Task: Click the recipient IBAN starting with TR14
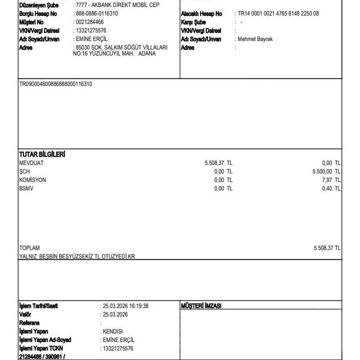tap(278, 14)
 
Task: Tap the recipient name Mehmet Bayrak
tap(255, 39)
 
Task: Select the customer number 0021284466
tap(90, 22)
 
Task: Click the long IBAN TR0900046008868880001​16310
tap(55, 84)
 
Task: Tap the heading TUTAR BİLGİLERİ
tap(42, 154)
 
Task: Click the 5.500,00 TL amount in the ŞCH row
tap(326, 172)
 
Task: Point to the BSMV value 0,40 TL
tap(331, 188)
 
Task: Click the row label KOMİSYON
tap(33, 180)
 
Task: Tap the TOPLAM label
tap(30, 248)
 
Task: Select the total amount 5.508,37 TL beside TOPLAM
tap(327, 248)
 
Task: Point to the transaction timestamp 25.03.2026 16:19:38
tap(125, 306)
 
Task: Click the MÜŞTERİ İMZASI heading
tap(201, 306)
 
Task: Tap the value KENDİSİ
tap(112, 331)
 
